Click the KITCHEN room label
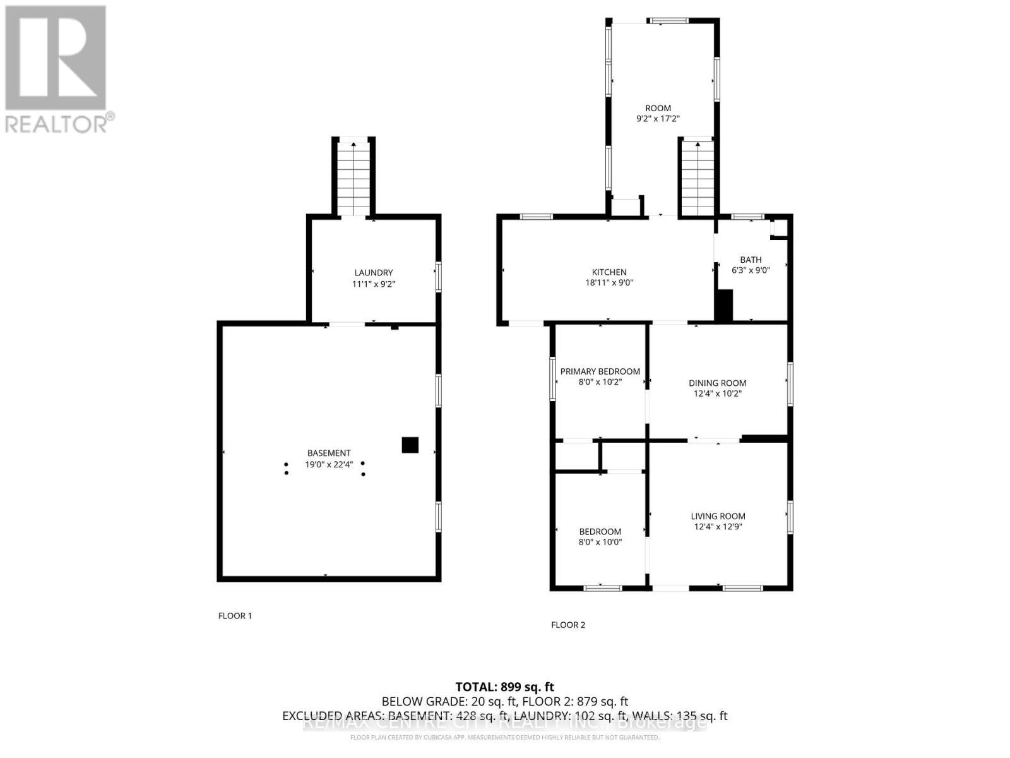pyautogui.click(x=609, y=272)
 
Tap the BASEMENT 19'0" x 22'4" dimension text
pyautogui.click(x=329, y=464)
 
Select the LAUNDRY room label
pyautogui.click(x=373, y=273)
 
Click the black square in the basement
pyautogui.click(x=410, y=445)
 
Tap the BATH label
pyautogui.click(x=751, y=260)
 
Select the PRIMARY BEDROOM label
pyautogui.click(x=600, y=371)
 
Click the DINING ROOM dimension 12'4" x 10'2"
pyautogui.click(x=717, y=394)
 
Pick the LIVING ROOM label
pyautogui.click(x=718, y=516)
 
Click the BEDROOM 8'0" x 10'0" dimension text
pyautogui.click(x=600, y=542)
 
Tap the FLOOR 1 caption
pyautogui.click(x=235, y=615)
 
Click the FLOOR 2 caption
pyautogui.click(x=568, y=625)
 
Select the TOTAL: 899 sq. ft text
pyautogui.click(x=505, y=687)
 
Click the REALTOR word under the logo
pyautogui.click(x=57, y=123)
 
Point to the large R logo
pyautogui.click(x=56, y=58)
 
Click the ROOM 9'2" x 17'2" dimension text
pyautogui.click(x=658, y=119)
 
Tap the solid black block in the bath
pyautogui.click(x=723, y=306)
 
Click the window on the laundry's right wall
pyautogui.click(x=438, y=277)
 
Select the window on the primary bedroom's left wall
pyautogui.click(x=552, y=378)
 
